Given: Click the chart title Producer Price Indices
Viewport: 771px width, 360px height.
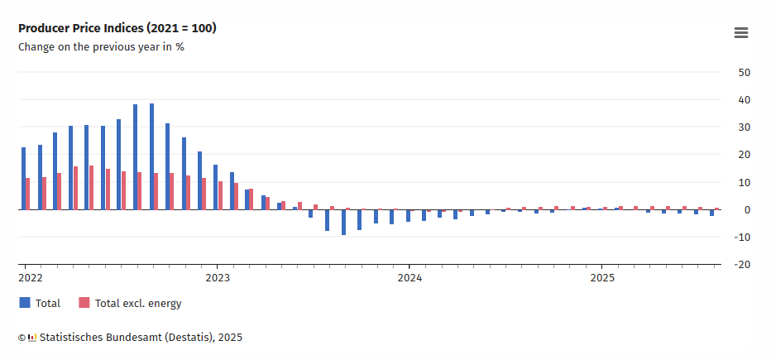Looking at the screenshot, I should pyautogui.click(x=117, y=28).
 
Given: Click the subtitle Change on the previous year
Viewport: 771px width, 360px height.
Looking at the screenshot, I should pyautogui.click(x=101, y=47).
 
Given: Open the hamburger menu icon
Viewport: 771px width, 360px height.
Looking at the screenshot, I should pyautogui.click(x=741, y=33).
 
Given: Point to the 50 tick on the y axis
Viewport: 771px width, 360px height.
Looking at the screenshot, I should pyautogui.click(x=744, y=73).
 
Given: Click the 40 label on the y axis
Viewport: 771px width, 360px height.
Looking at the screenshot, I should pyautogui.click(x=744, y=100).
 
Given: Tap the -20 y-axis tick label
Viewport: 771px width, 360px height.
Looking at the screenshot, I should pyautogui.click(x=742, y=265).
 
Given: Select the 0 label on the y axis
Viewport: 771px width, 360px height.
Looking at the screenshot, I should pyautogui.click(x=747, y=210).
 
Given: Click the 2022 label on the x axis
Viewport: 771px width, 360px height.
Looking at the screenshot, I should pyautogui.click(x=31, y=278).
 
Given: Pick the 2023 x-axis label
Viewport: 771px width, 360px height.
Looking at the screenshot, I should pyautogui.click(x=217, y=278).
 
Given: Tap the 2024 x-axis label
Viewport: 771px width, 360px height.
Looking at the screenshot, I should pyautogui.click(x=409, y=278).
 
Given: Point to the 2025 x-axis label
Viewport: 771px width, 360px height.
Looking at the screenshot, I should pyautogui.click(x=601, y=278).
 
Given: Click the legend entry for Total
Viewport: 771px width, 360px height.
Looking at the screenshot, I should pyautogui.click(x=47, y=304).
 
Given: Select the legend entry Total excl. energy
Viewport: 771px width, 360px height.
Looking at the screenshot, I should pyautogui.click(x=138, y=304).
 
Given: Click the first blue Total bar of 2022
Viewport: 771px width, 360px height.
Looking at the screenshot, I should pyautogui.click(x=23, y=178).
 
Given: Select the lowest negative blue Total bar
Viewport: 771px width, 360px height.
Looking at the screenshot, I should pyautogui.click(x=343, y=222).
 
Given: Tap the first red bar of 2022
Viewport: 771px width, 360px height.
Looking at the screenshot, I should pyautogui.click(x=28, y=194).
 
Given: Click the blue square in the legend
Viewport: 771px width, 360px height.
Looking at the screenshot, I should pyautogui.click(x=25, y=303).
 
